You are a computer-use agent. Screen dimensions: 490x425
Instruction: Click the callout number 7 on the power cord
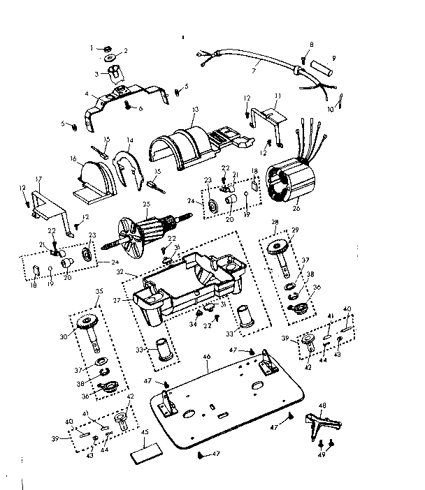(x=254, y=71)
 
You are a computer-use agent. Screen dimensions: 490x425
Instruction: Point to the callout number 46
(x=206, y=357)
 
